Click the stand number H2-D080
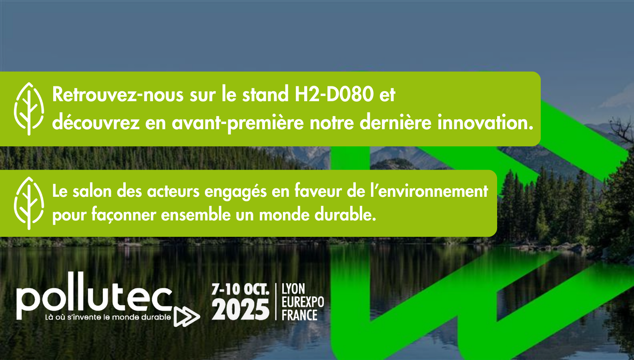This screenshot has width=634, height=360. pyautogui.click(x=334, y=94)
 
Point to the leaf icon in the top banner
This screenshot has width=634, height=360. pyautogui.click(x=29, y=109)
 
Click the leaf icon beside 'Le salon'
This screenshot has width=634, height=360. pyautogui.click(x=29, y=203)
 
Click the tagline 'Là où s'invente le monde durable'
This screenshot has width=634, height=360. pyautogui.click(x=108, y=317)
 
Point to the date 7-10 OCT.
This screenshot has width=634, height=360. pyautogui.click(x=240, y=289)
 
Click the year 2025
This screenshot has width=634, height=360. pyautogui.click(x=240, y=309)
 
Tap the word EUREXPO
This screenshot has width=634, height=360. pyautogui.click(x=303, y=302)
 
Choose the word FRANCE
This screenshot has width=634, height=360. pyautogui.click(x=299, y=315)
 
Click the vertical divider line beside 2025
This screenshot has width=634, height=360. pyautogui.click(x=276, y=302)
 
